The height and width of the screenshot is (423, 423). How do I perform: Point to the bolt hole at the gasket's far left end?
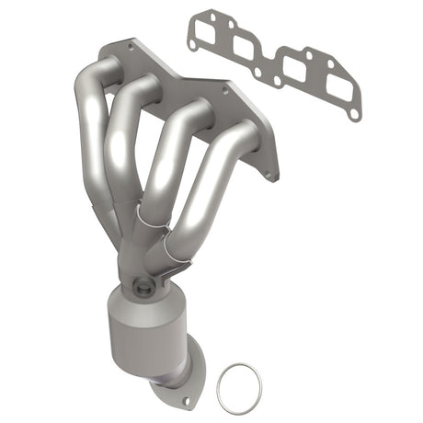(x=192, y=40)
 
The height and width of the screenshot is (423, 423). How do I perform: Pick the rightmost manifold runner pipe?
(x=213, y=184)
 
